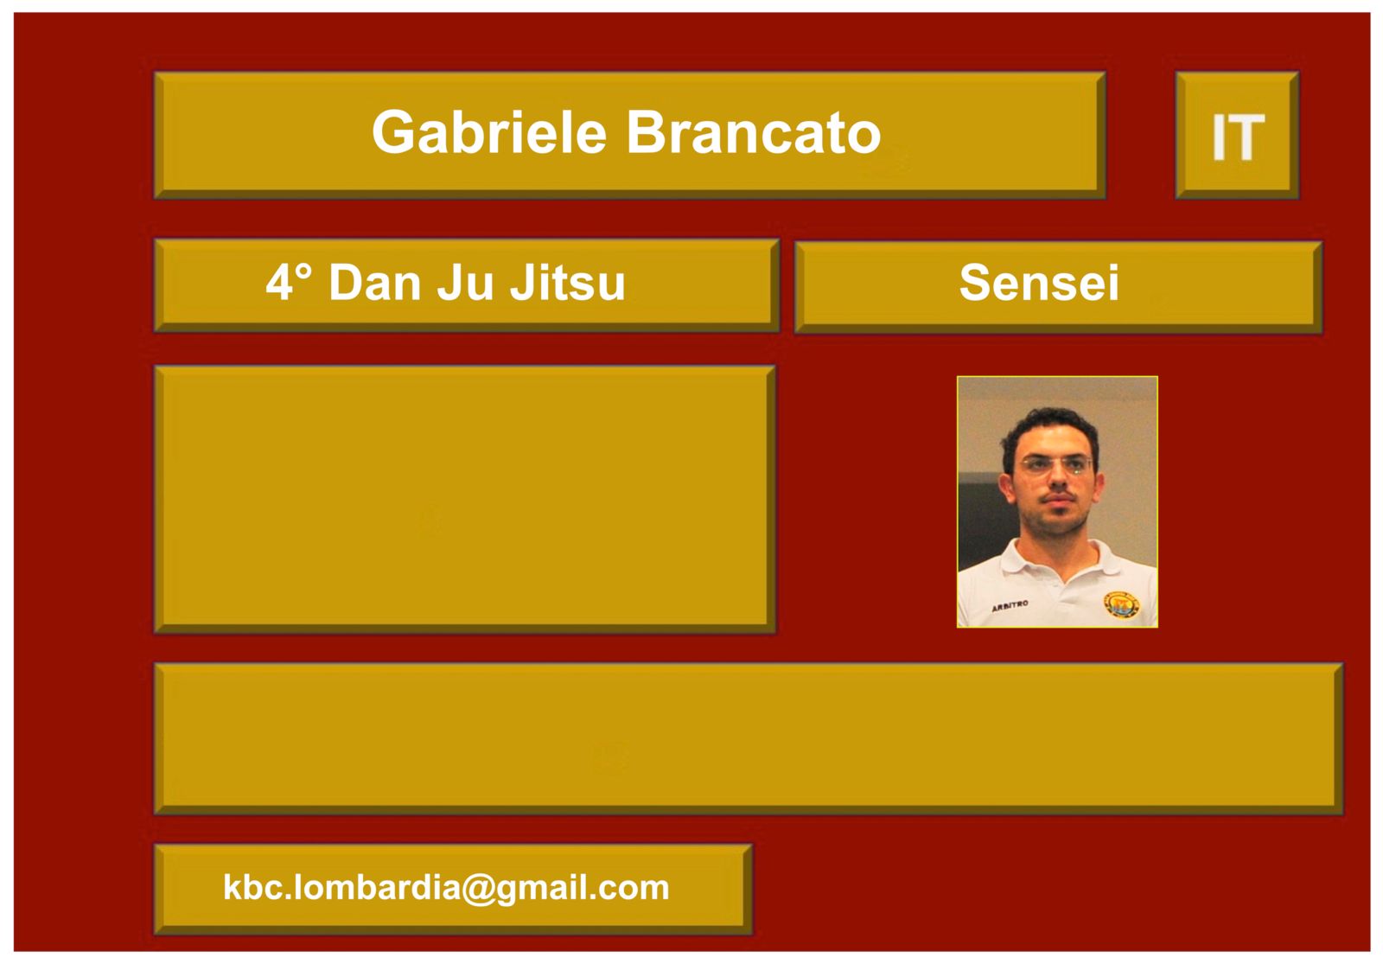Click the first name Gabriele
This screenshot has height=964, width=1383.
coord(489,133)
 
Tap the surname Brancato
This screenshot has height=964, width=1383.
coord(754,132)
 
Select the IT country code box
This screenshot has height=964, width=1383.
coord(1237,135)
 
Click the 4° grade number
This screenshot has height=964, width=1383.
coord(289,282)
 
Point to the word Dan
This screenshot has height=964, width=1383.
coord(375,282)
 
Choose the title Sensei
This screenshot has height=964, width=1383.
coord(1039,282)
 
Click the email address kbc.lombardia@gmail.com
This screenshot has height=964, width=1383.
coord(446,887)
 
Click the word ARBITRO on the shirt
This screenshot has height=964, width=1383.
coord(1010,606)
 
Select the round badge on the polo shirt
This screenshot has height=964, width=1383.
coord(1121,604)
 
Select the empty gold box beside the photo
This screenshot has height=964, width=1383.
coord(465,499)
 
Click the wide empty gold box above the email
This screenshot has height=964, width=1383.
coord(749,738)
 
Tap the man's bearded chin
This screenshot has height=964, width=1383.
coord(1058,525)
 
